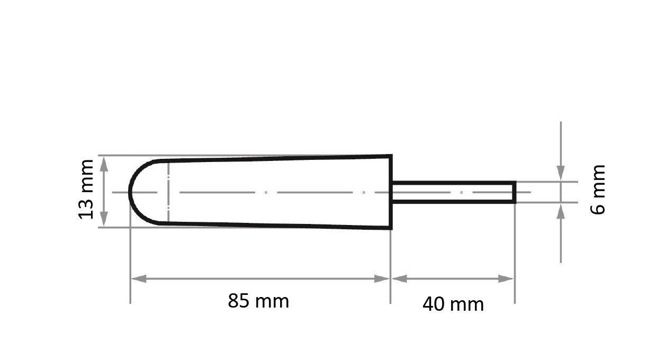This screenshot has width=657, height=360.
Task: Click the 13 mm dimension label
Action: pos(86,189)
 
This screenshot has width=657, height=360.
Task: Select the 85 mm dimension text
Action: pos(258,301)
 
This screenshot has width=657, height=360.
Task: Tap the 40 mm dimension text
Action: pos(453,304)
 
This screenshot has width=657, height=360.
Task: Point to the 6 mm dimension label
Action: pos(598,190)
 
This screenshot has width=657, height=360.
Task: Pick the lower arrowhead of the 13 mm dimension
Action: pos(104,219)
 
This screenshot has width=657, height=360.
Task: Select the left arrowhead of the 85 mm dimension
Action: pos(138,279)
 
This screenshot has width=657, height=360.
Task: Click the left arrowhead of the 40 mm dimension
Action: pos(399,279)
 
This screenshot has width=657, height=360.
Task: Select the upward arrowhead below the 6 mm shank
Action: pos(561,211)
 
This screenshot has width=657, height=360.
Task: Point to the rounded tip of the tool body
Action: pos(131,192)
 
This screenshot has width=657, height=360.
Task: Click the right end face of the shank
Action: pos(515,192)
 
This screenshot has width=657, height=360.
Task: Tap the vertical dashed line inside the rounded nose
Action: pos(168,192)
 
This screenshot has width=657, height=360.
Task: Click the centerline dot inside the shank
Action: pos(461,192)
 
